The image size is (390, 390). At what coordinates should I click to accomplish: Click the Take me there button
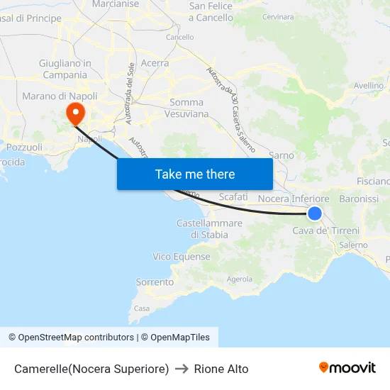tap(195, 174)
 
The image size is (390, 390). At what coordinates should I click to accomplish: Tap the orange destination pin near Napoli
tap(74, 113)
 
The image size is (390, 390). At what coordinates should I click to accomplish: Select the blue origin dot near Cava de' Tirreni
tap(315, 213)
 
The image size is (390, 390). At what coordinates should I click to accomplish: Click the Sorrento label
tap(155, 282)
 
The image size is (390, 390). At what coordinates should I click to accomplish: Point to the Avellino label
tap(369, 85)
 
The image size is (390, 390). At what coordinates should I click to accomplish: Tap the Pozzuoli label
tap(24, 147)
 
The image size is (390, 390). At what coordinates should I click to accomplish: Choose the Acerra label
tap(155, 63)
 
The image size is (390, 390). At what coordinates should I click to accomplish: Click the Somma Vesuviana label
tap(186, 108)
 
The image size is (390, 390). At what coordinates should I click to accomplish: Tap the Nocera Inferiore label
tap(294, 199)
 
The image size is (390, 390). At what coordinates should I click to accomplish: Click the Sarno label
tap(282, 155)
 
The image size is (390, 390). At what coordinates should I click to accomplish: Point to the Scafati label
tap(233, 196)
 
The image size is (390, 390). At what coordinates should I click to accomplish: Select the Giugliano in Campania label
tap(65, 69)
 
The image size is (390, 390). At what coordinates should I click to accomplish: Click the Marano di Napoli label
tap(60, 96)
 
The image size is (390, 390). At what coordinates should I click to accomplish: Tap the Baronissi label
tap(359, 199)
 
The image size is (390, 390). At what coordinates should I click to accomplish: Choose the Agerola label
tap(240, 279)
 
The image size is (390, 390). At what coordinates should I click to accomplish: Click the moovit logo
tap(347, 368)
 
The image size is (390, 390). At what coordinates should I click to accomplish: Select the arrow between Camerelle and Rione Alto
tap(182, 369)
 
